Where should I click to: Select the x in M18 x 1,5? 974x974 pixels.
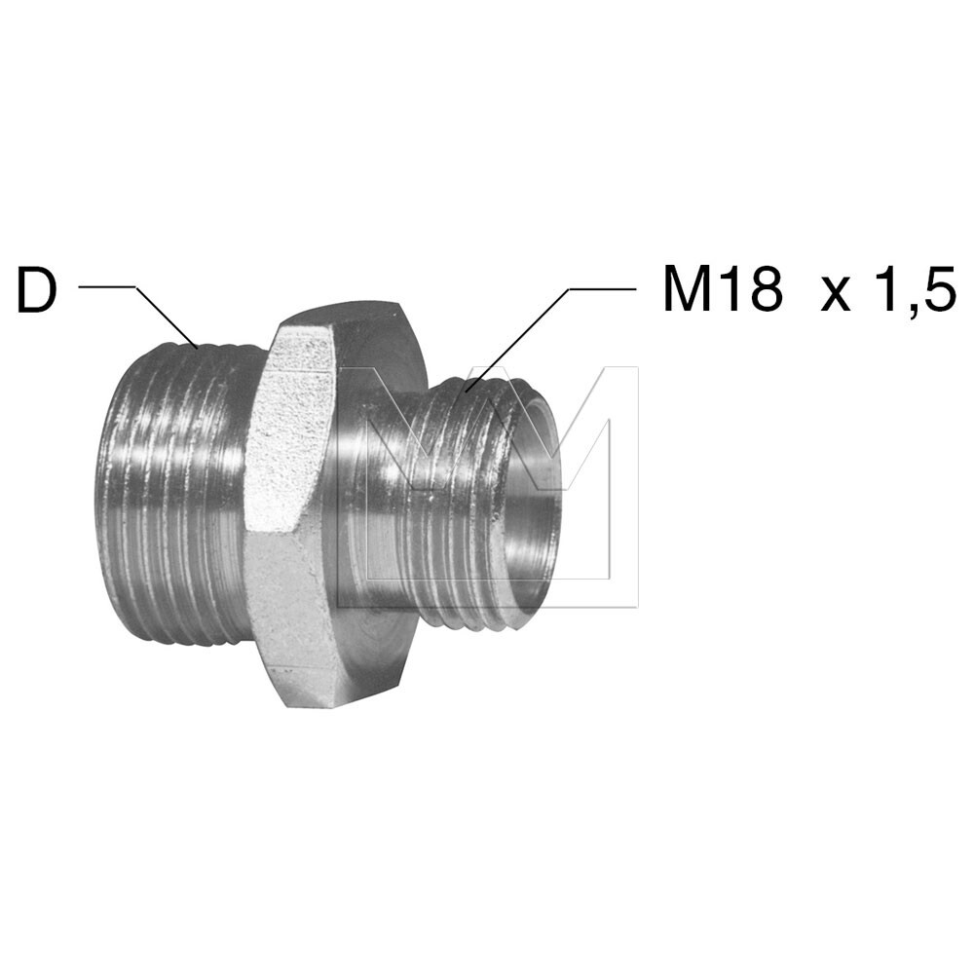coord(836,295)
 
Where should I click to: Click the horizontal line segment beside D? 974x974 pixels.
coord(107,286)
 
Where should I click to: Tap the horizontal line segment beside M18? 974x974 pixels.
coord(604,288)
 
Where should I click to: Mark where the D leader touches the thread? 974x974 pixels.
coord(199,346)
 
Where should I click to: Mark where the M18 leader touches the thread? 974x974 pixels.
coord(467,392)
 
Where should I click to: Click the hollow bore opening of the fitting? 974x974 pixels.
coord(531,506)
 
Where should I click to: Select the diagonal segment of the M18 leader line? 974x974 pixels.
coord(516,340)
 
